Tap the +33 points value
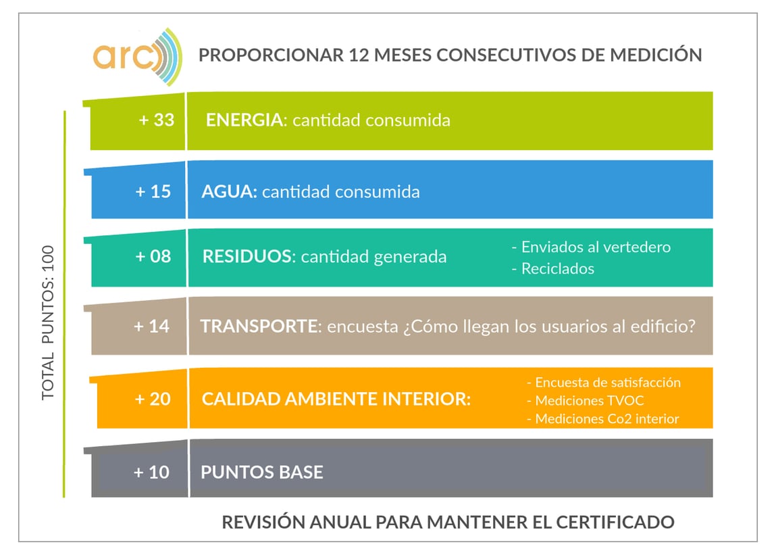156,120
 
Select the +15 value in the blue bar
153,191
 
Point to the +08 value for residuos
153,257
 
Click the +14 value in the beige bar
151,326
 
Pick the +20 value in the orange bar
153,399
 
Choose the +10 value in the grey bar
151,472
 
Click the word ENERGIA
244,120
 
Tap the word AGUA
229,191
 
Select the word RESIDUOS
248,257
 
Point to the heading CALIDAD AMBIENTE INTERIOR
336,399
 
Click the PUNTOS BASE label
261,472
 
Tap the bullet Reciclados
553,268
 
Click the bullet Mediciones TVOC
585,401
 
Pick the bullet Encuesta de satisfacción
603,383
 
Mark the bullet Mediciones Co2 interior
602,419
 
